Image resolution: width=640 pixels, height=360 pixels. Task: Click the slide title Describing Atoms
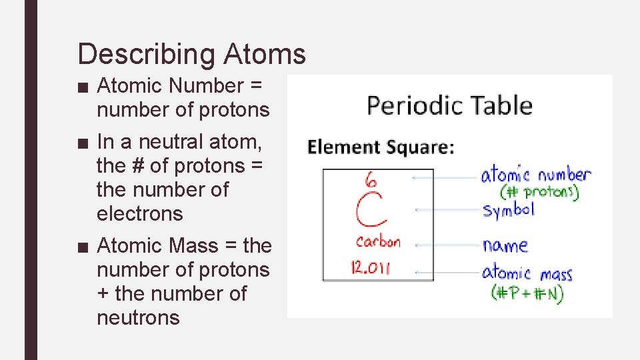point(191,54)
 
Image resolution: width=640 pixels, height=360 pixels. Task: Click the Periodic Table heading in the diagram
point(449,106)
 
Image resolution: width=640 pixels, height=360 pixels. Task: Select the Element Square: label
point(380,147)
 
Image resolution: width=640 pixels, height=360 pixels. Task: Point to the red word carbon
point(377,241)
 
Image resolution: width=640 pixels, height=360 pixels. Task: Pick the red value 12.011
point(371,268)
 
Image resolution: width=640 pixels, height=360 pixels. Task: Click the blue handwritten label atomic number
point(536,175)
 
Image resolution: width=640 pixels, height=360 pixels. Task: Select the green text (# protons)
point(539,192)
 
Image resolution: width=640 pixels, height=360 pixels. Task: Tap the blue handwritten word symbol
point(509,210)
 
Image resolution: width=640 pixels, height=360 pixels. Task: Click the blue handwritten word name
point(505,245)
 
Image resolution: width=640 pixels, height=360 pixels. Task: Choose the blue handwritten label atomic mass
point(527,273)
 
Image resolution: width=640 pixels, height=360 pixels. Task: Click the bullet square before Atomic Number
point(82,86)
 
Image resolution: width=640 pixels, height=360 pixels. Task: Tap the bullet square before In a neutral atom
point(82,142)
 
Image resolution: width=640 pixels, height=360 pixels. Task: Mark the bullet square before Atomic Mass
point(82,246)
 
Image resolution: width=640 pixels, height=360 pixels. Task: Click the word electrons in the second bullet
point(139,214)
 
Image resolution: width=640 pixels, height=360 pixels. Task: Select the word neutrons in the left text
point(138,318)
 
